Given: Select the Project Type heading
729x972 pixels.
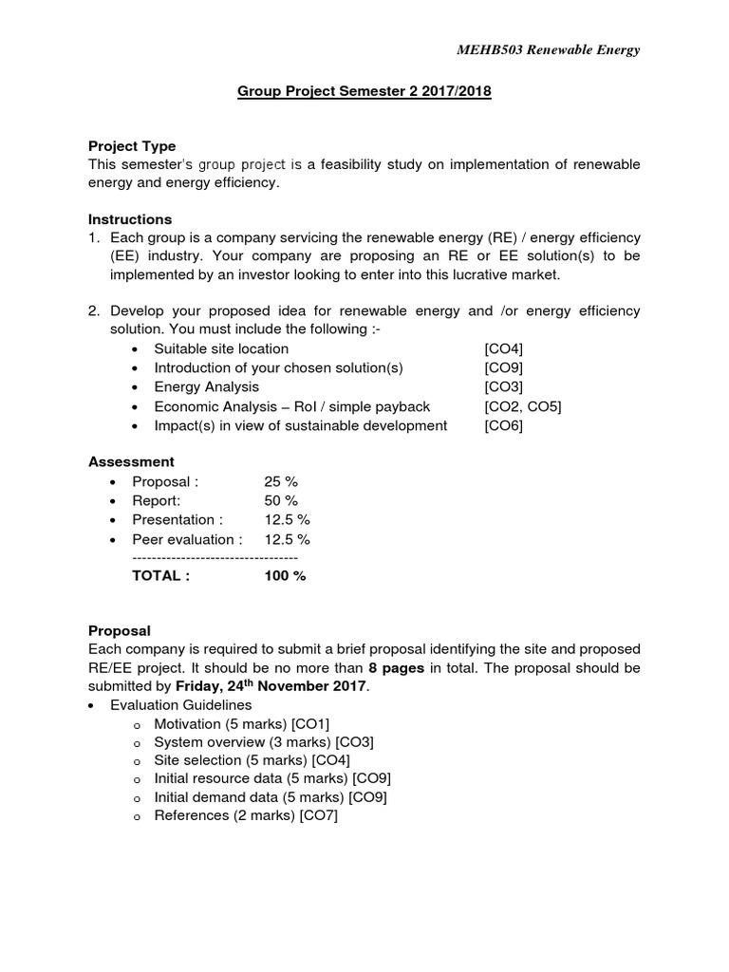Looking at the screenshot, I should (x=132, y=146).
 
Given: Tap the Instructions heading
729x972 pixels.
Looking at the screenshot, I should (x=130, y=219).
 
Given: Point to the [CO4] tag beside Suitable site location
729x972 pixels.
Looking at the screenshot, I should (x=503, y=348).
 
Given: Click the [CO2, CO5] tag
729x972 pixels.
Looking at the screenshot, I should (x=522, y=406).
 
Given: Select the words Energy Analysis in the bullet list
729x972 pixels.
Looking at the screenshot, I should (x=206, y=387).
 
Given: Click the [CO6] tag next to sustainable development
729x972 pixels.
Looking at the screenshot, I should (x=503, y=425).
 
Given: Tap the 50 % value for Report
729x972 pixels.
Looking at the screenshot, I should (x=281, y=500).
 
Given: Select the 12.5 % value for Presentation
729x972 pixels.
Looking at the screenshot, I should (x=287, y=519).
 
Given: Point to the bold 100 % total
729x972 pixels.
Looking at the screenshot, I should (x=285, y=576).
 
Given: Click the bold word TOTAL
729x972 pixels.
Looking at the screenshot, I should (x=160, y=576).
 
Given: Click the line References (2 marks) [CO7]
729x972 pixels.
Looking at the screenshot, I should (x=245, y=815).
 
